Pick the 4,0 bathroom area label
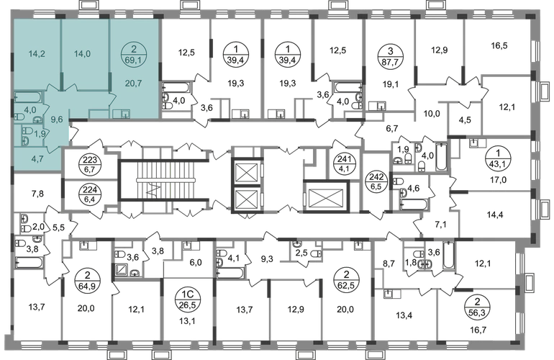pyautogui.click(x=29, y=110)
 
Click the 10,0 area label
pyautogui.click(x=430, y=112)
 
